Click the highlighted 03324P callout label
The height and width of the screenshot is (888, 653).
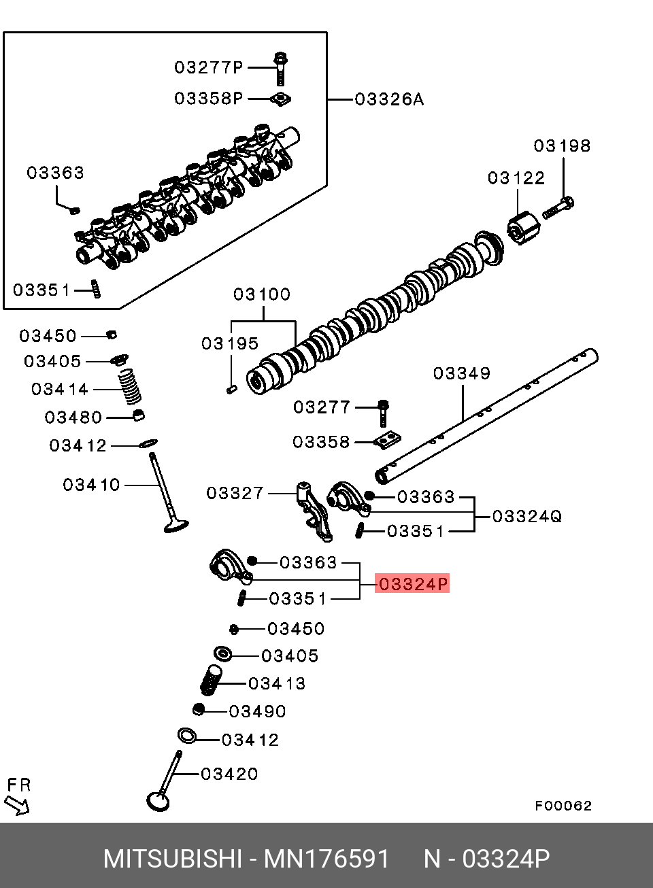tap(412, 583)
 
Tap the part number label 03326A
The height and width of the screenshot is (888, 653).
tap(389, 99)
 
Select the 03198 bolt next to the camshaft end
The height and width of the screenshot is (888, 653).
tap(558, 208)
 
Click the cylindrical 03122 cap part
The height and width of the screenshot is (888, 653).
tap(524, 228)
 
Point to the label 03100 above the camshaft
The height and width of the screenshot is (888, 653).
tap(262, 294)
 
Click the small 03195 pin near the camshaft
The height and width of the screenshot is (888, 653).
tap(232, 390)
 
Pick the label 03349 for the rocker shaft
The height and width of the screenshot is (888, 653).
tap(462, 373)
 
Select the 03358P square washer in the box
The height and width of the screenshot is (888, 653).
tap(280, 99)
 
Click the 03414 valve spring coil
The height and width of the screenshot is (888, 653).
tap(130, 387)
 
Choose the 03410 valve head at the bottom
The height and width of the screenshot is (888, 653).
tap(176, 526)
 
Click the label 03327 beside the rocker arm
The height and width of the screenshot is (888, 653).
tap(235, 493)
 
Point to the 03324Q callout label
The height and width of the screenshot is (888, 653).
tap(527, 517)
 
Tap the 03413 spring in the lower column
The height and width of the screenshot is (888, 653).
tap(212, 680)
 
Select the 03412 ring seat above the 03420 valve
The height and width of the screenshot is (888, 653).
tap(187, 736)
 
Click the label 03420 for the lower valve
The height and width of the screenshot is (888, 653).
tap(229, 774)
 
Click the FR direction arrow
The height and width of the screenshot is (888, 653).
tap(16, 806)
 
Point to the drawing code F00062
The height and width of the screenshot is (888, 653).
tap(563, 806)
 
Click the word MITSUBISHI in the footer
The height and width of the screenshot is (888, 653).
tap(173, 858)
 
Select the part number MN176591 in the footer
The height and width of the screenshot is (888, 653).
tap(326, 858)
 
